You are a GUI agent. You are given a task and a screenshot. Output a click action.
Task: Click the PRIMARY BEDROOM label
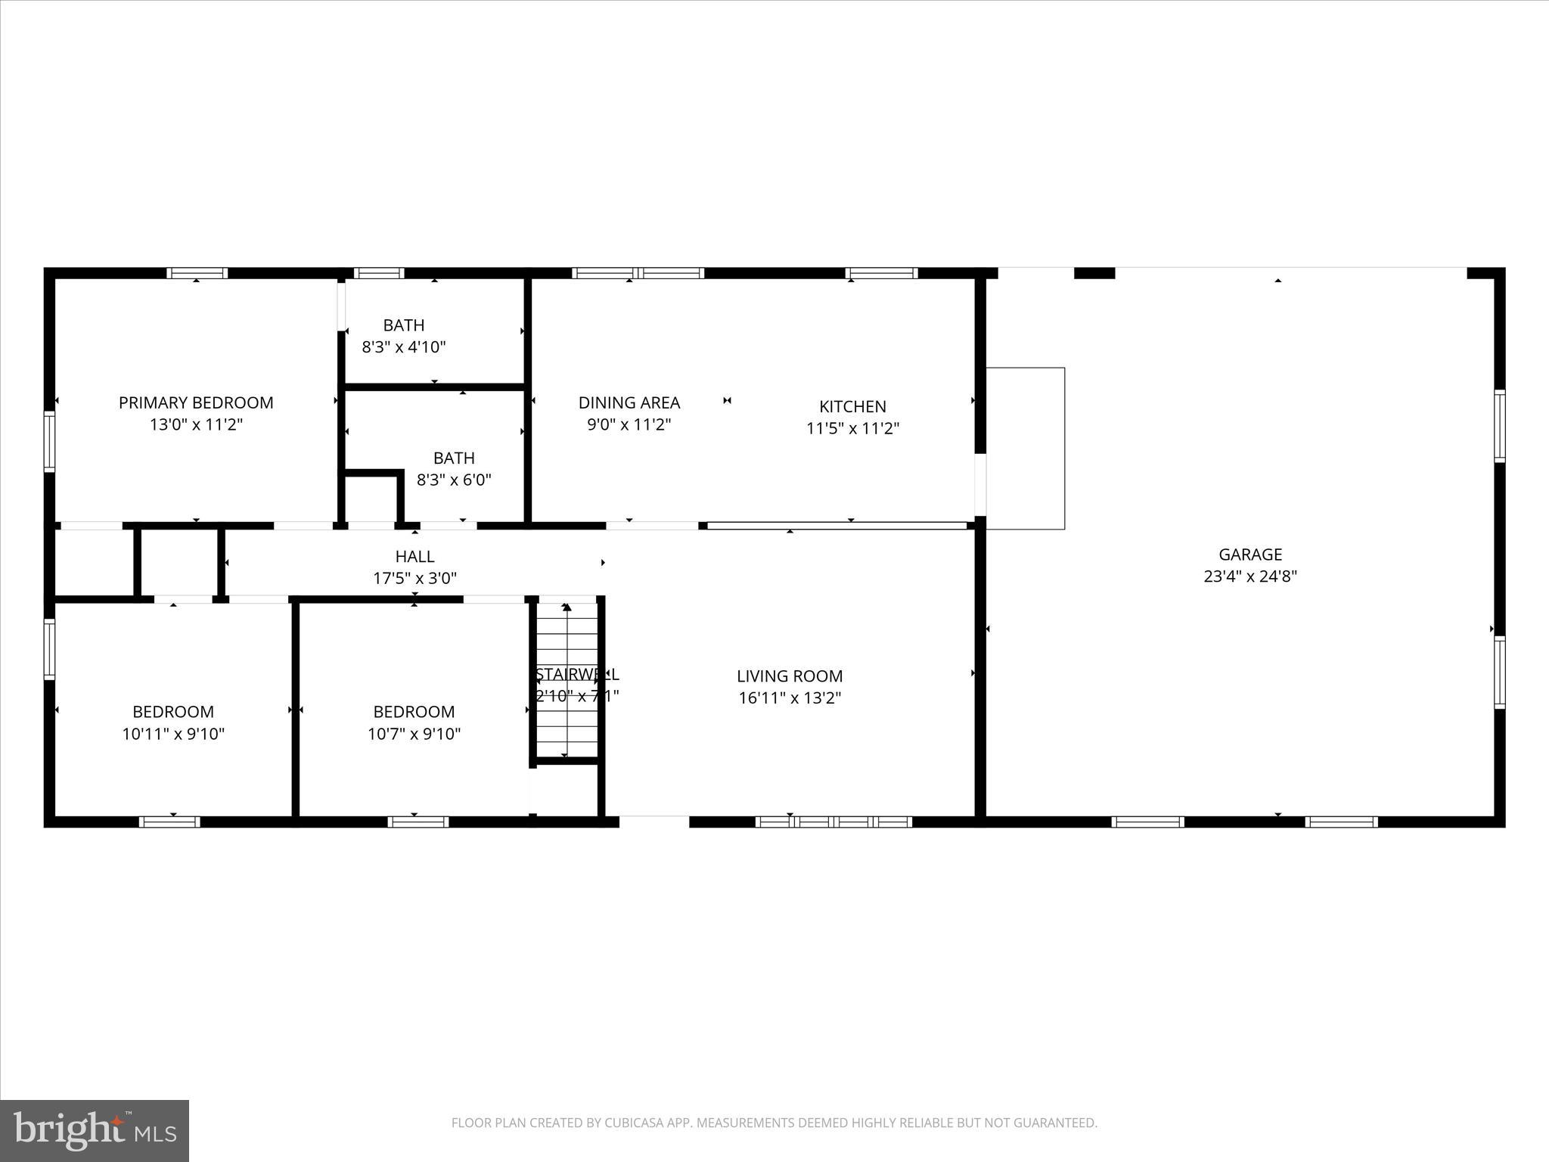[196, 402]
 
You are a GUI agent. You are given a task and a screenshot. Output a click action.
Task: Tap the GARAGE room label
[1250, 555]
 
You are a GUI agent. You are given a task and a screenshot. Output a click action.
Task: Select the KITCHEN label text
[852, 406]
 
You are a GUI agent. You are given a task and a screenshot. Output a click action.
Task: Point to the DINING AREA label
[629, 402]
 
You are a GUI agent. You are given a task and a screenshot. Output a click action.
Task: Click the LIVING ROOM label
[790, 676]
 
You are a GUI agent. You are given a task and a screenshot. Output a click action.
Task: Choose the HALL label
[414, 557]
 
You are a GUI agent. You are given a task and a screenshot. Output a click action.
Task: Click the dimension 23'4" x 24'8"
[1250, 576]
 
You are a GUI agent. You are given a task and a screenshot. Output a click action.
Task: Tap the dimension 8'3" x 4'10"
[404, 347]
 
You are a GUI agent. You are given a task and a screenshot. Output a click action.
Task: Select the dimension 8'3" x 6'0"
[454, 480]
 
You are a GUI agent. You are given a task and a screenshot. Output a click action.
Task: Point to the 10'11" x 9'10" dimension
[173, 734]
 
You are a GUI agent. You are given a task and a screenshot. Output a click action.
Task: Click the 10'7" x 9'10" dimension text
[414, 734]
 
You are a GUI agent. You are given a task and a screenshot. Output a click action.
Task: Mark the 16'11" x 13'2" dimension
[790, 698]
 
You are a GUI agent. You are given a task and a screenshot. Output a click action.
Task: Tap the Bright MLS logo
[95, 1130]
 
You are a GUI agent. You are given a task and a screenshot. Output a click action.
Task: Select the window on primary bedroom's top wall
[197, 273]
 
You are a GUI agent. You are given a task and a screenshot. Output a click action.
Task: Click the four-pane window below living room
[833, 822]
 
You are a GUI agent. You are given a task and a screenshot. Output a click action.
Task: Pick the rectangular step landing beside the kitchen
[1026, 448]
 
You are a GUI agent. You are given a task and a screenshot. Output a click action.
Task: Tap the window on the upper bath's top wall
[379, 273]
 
